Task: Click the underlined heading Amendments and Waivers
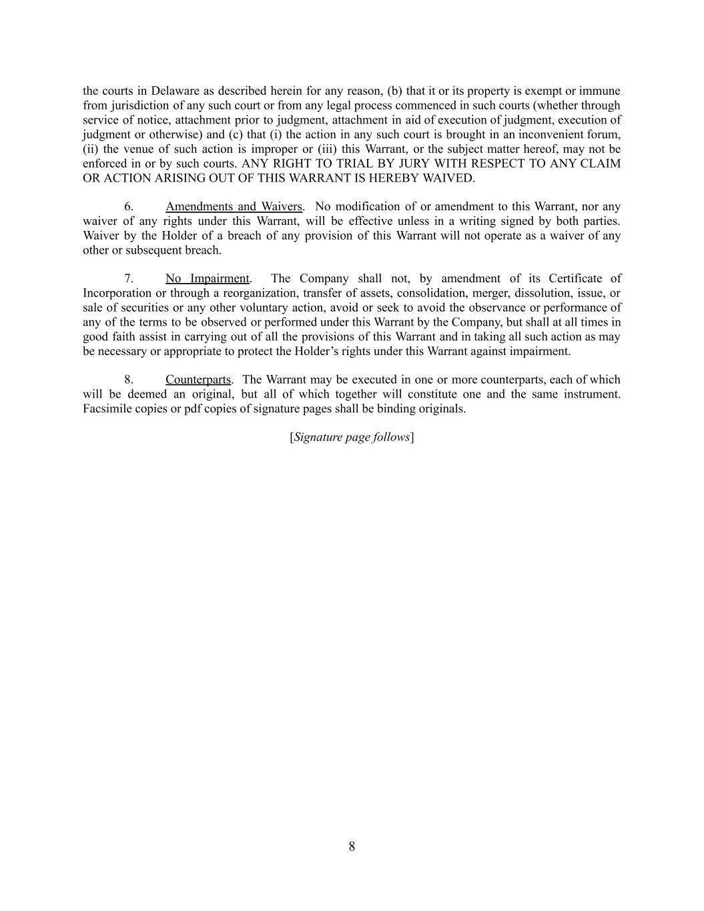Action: pyautogui.click(x=234, y=207)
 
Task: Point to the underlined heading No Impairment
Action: pyautogui.click(x=208, y=279)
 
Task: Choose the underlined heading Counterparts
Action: pyautogui.click(x=198, y=380)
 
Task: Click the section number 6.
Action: pyautogui.click(x=128, y=207)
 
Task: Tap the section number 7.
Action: pyautogui.click(x=128, y=279)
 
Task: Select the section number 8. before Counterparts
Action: pyautogui.click(x=128, y=380)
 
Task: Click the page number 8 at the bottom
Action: pyautogui.click(x=352, y=847)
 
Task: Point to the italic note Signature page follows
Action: pyautogui.click(x=352, y=437)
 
